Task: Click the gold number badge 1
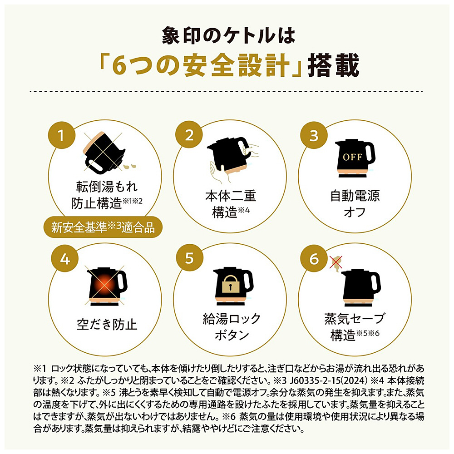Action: (x=62, y=135)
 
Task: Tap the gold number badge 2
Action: (x=189, y=135)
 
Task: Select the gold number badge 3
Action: (x=314, y=135)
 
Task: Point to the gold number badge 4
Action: (x=65, y=258)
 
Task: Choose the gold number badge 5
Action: (x=189, y=257)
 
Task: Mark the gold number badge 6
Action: (x=314, y=258)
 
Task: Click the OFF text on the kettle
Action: (x=352, y=157)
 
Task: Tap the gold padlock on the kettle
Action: (x=231, y=284)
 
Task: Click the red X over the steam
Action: (x=336, y=262)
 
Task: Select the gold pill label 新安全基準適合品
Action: (x=103, y=227)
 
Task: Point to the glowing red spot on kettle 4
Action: (x=104, y=285)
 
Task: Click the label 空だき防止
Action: (x=107, y=324)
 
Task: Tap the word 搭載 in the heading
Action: (x=333, y=65)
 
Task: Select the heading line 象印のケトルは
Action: (x=228, y=35)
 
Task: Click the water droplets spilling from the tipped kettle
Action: (x=130, y=167)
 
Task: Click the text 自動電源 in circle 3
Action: (x=355, y=196)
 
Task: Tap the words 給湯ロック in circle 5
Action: (x=232, y=319)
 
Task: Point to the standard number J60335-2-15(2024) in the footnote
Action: (x=329, y=380)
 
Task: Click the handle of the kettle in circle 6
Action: (x=375, y=283)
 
